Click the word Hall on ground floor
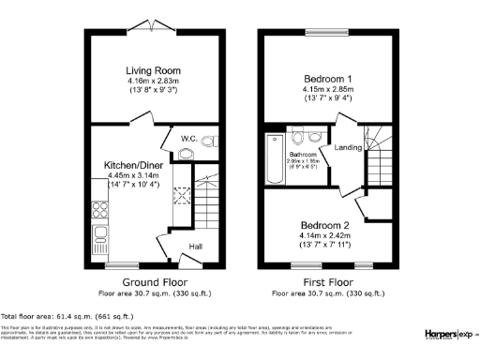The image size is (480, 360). tap(196, 247)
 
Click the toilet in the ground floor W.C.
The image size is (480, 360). tap(187, 150)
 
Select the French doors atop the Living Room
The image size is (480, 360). tap(155, 26)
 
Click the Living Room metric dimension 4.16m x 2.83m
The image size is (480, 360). tap(155, 82)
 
